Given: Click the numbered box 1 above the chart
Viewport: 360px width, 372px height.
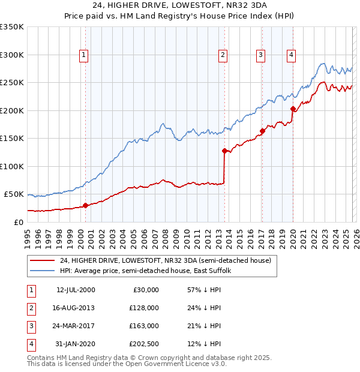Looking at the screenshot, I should [x=83, y=55].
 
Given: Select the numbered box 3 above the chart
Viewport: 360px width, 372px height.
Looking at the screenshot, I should [x=261, y=55].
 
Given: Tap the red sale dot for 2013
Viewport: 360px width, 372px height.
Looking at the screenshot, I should [x=224, y=151].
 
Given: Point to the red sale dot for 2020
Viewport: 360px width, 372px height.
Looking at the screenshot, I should [x=293, y=109].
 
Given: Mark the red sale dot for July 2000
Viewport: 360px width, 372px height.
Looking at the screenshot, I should [x=85, y=205].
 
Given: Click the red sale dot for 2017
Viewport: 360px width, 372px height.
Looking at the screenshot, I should [x=262, y=131].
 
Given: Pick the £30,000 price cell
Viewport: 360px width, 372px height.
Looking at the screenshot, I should [x=145, y=290].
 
